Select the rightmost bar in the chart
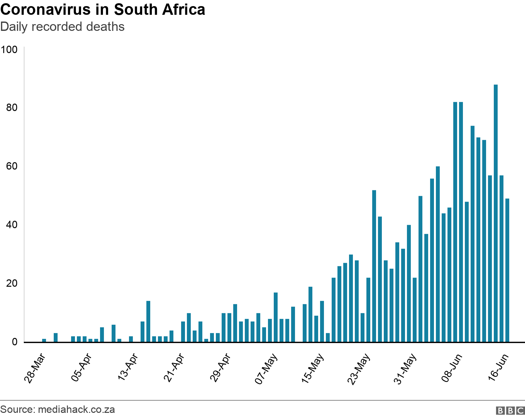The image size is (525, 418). pyautogui.click(x=507, y=270)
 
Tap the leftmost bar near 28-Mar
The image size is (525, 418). pyautogui.click(x=44, y=340)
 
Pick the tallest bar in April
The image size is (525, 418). pyautogui.click(x=148, y=321)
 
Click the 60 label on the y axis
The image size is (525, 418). pyautogui.click(x=12, y=166)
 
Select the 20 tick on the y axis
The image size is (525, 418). pyautogui.click(x=12, y=283)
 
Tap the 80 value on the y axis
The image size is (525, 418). pyautogui.click(x=12, y=108)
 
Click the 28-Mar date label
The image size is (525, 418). pyautogui.click(x=35, y=368)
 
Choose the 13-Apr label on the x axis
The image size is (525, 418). pyautogui.click(x=128, y=367)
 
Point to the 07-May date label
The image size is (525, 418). pyautogui.click(x=266, y=369)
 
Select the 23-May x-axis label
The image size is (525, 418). pyautogui.click(x=359, y=369)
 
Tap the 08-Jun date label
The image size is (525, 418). pyautogui.click(x=452, y=368)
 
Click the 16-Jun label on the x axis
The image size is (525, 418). pyautogui.click(x=498, y=367)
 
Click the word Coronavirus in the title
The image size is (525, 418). pyautogui.click(x=45, y=10)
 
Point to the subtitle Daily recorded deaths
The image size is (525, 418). pyautogui.click(x=62, y=27)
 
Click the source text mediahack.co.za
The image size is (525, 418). pyautogui.click(x=76, y=410)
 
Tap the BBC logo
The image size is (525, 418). pyautogui.click(x=510, y=411)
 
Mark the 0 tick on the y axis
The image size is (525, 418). pyautogui.click(x=15, y=342)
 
